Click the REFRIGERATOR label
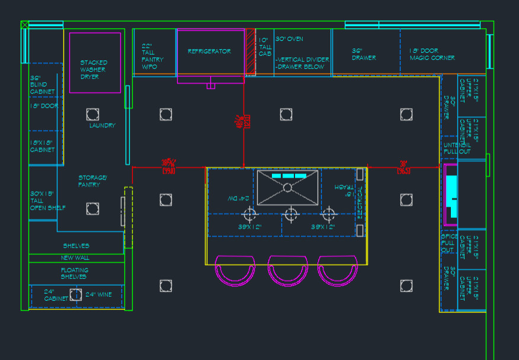(209, 52)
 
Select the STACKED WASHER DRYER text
(94, 69)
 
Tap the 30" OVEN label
(289, 39)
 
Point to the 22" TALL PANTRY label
(152, 56)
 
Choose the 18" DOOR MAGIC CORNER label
(432, 54)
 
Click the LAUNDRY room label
(102, 126)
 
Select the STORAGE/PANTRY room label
(92, 181)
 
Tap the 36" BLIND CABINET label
(42, 85)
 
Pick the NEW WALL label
(75, 258)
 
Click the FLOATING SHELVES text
(74, 273)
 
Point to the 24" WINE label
(98, 294)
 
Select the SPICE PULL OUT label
(448, 243)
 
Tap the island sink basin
(287, 188)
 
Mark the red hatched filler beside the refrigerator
(250, 52)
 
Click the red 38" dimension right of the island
(403, 166)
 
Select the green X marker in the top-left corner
(24, 25)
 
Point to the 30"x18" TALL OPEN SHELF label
(47, 200)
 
